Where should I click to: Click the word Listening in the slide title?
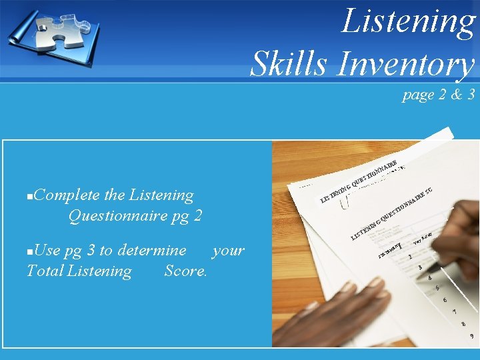coord(408,21)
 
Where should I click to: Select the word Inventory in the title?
coord(406,65)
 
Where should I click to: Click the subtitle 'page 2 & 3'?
coord(438,95)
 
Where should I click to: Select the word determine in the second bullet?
coord(151,251)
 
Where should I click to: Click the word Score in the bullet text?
coord(185,271)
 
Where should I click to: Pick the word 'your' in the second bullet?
coord(228,251)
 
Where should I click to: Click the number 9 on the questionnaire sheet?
coord(471,336)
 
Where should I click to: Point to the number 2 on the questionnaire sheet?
coord(410,257)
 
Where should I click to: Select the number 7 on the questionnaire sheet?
coord(454,311)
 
